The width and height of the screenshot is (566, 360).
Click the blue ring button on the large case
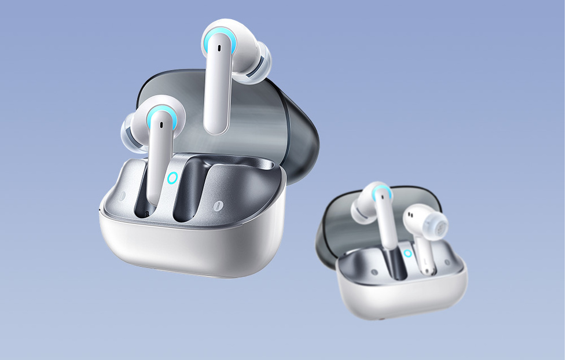[x=172, y=178]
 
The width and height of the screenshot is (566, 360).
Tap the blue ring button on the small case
[x=408, y=253]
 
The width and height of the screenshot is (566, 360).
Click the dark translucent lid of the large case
[x=289, y=127]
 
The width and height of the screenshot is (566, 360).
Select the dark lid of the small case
[x=336, y=226]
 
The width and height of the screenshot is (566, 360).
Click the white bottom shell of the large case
[x=191, y=249]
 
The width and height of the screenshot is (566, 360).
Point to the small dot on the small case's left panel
[x=373, y=271]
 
